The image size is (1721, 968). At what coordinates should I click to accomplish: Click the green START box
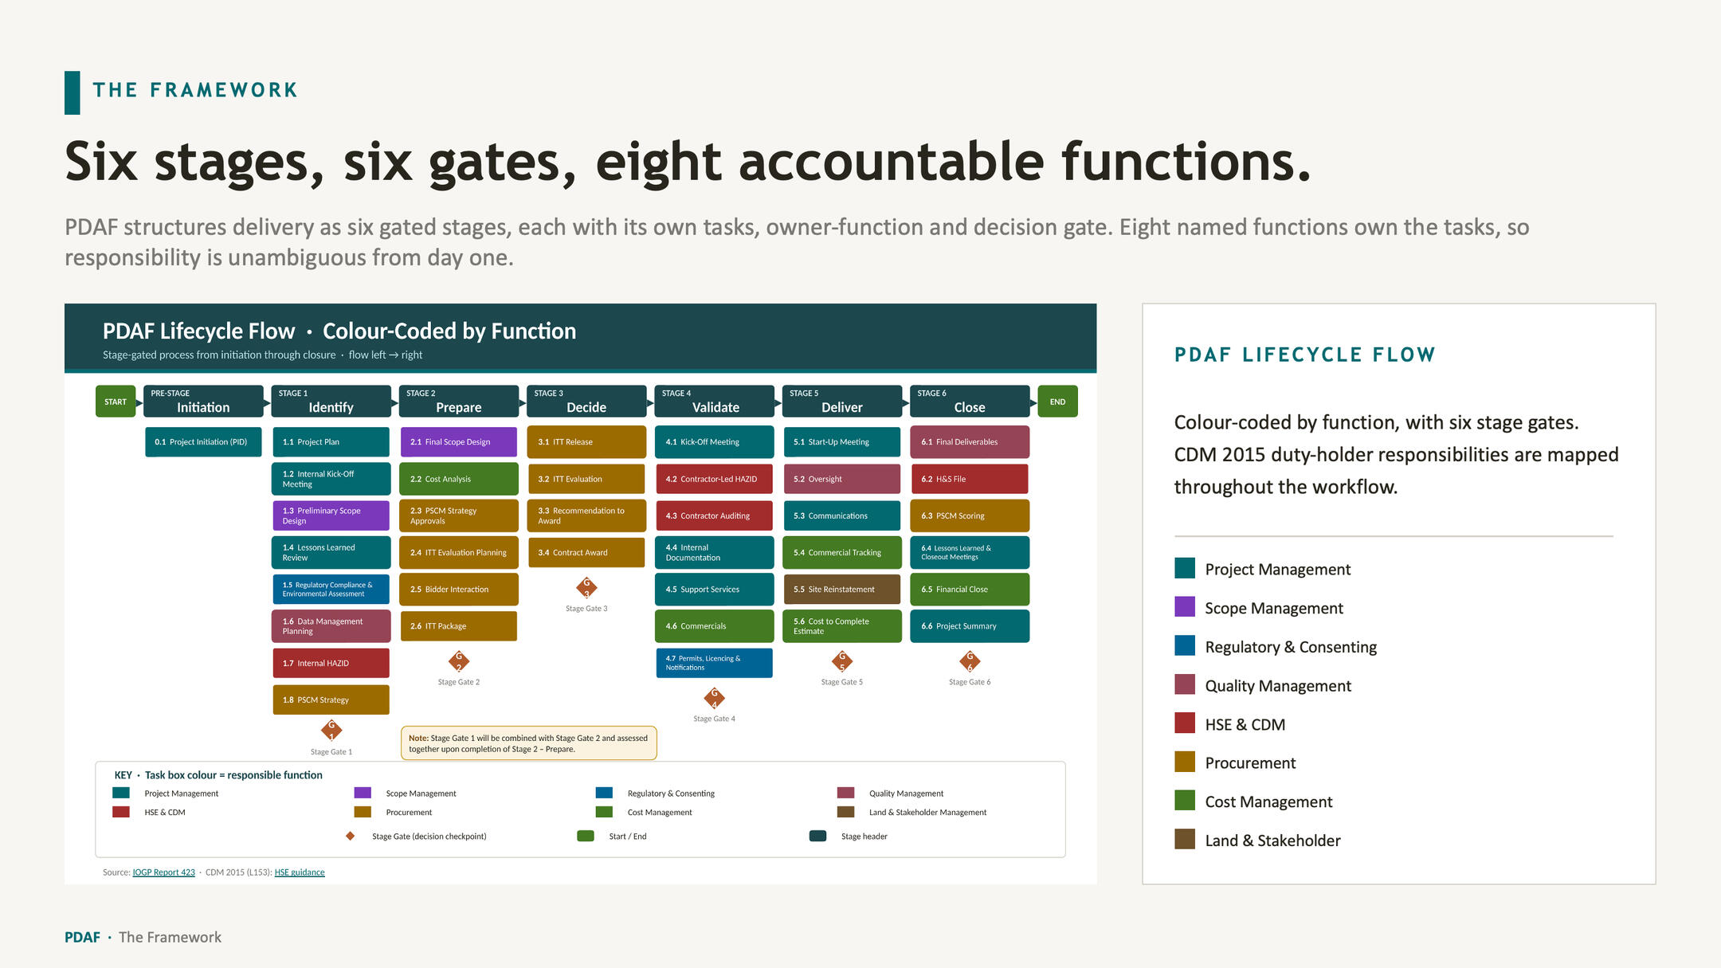pyautogui.click(x=116, y=402)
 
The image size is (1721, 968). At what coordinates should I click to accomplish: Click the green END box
pyautogui.click(x=1057, y=402)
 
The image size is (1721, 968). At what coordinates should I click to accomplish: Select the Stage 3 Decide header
pyautogui.click(x=586, y=402)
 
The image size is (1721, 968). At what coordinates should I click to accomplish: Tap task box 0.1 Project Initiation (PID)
pyautogui.click(x=203, y=442)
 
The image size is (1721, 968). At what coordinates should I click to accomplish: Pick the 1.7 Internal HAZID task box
pyautogui.click(x=331, y=663)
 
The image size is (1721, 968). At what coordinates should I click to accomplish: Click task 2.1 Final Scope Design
pyautogui.click(x=458, y=442)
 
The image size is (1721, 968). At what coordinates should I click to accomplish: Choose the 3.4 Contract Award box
pyautogui.click(x=586, y=553)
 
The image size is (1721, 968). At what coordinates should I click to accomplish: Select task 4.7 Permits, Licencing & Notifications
pyautogui.click(x=714, y=663)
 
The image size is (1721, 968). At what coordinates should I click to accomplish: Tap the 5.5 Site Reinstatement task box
pyautogui.click(x=841, y=590)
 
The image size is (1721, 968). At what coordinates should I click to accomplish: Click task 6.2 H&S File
pyautogui.click(x=970, y=479)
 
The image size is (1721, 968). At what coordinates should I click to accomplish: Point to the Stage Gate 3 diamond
pyautogui.click(x=586, y=588)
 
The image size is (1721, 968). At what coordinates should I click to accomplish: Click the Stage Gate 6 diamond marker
pyautogui.click(x=970, y=661)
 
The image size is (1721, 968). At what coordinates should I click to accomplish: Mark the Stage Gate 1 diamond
pyautogui.click(x=331, y=730)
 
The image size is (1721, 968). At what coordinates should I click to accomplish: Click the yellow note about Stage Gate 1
pyautogui.click(x=529, y=743)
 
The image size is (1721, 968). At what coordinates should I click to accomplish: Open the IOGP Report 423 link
pyautogui.click(x=163, y=872)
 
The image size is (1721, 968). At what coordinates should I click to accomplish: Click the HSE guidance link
pyautogui.click(x=300, y=872)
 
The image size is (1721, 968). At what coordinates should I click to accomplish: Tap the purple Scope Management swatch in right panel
pyautogui.click(x=1185, y=607)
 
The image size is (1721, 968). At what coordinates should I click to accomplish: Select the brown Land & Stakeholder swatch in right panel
pyautogui.click(x=1185, y=839)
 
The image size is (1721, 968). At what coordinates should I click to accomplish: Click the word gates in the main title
pyautogui.click(x=502, y=163)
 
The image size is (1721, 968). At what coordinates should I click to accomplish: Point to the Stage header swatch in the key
pyautogui.click(x=817, y=836)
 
